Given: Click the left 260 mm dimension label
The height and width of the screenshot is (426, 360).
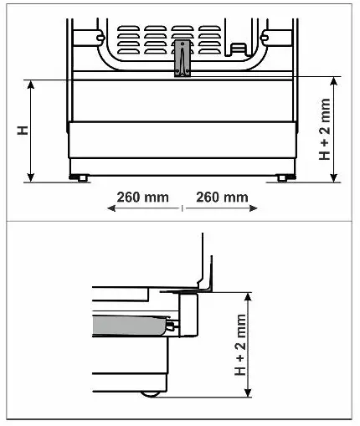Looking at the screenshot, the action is (x=142, y=198).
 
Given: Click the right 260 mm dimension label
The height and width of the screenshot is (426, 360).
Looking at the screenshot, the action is (x=222, y=198).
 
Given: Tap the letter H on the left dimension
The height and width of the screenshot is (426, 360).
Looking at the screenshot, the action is (x=23, y=131).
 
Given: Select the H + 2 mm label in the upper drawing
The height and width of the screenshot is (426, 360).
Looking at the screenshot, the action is (x=325, y=129).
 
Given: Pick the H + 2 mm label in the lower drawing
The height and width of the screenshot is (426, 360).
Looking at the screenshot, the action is (x=240, y=345).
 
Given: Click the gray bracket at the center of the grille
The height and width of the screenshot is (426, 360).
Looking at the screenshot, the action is (x=183, y=58).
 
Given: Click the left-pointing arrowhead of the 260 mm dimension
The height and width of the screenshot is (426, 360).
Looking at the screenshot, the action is (x=111, y=208).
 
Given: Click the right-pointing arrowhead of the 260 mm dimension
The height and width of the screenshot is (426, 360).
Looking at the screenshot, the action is (x=253, y=208).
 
